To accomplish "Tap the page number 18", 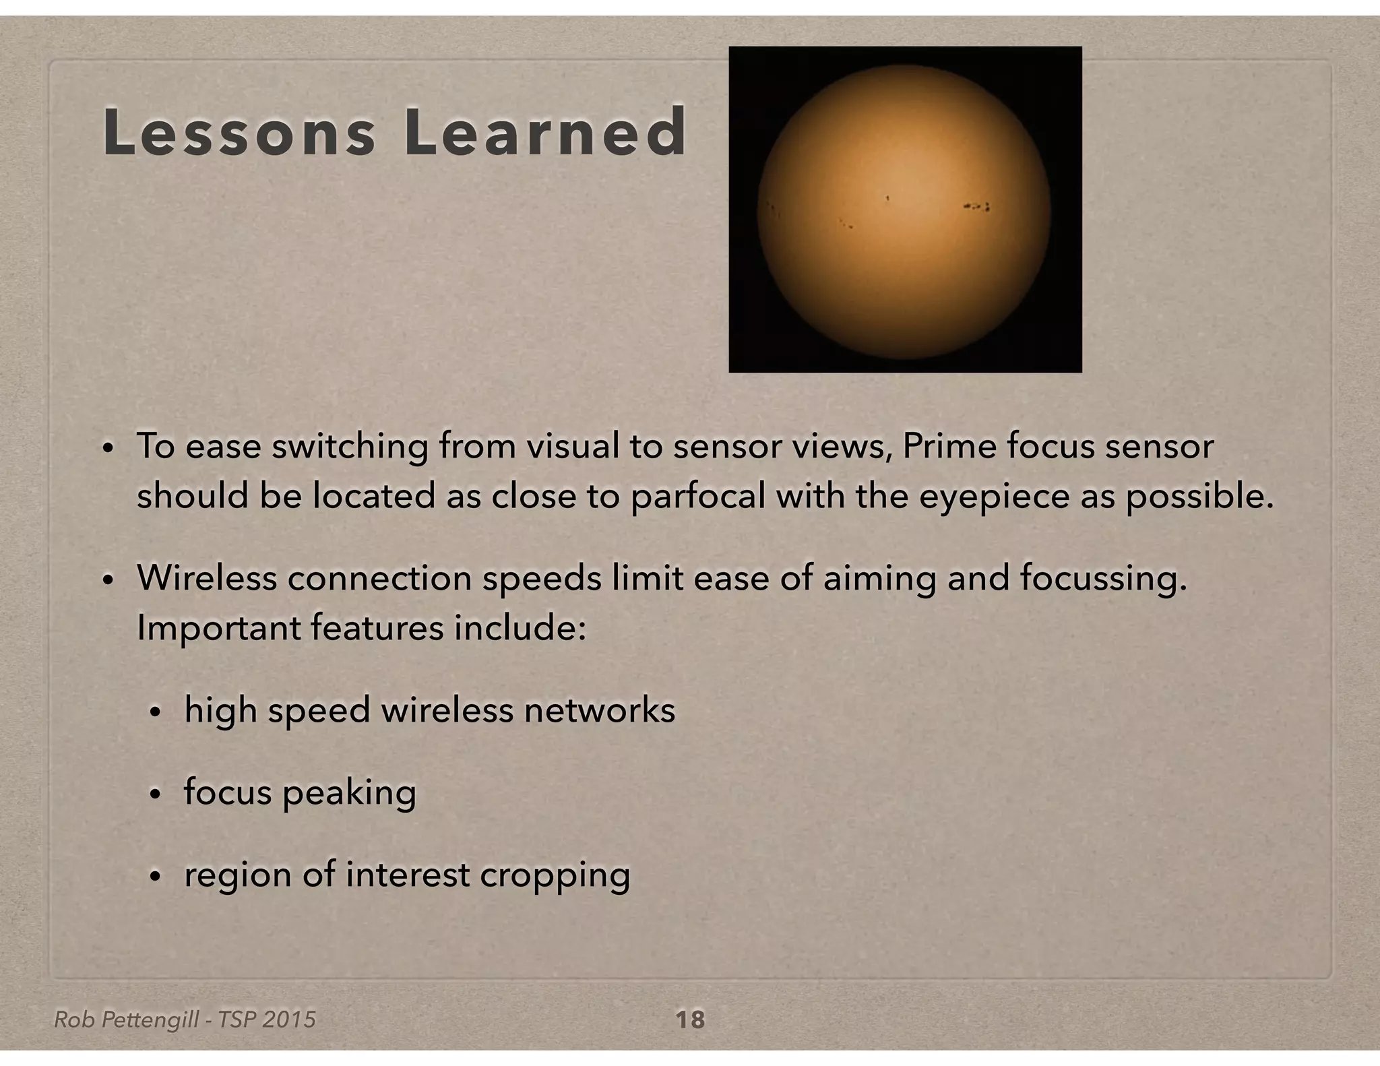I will [690, 1019].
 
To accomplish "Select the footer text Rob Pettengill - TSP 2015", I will [185, 1019].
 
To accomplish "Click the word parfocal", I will [697, 497].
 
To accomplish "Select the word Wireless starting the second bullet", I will [207, 578].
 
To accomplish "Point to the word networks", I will [599, 710].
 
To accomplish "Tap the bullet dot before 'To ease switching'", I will [106, 449].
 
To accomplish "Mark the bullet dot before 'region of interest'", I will [154, 877].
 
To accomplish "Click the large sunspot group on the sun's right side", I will [977, 206].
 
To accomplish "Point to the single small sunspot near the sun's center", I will [887, 198].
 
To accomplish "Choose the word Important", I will [218, 628].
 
